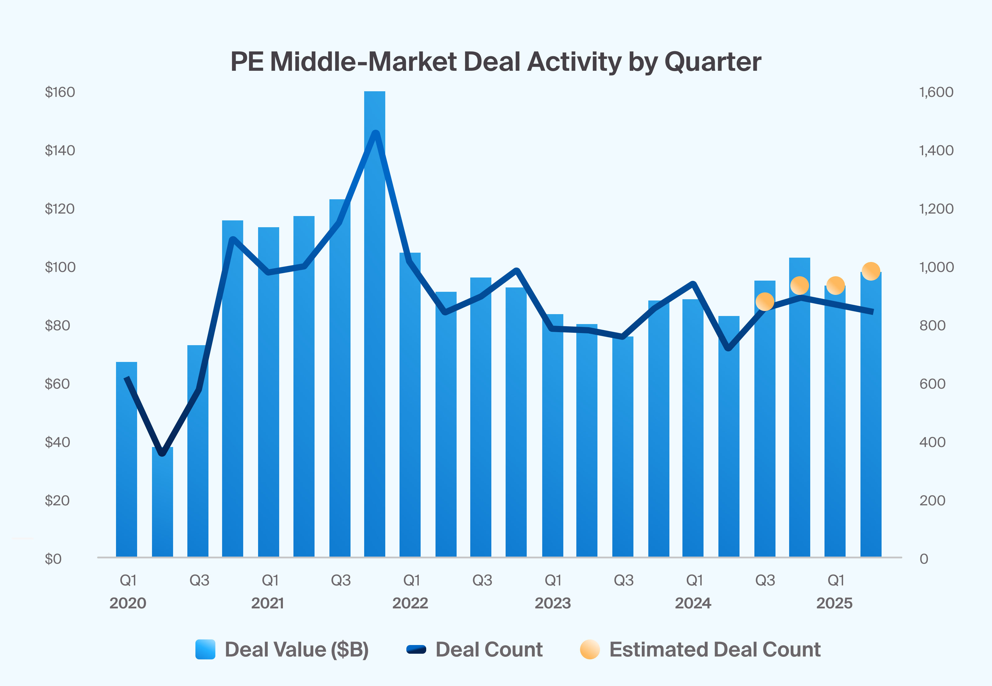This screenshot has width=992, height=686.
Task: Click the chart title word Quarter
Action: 713,62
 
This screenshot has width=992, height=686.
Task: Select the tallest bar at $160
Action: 374,323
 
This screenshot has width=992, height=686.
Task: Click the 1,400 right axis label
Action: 936,151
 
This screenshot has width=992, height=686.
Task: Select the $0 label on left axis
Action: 53,559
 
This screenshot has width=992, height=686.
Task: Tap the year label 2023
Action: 553,603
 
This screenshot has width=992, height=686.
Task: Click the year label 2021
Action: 267,603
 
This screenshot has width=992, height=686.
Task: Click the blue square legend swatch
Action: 205,649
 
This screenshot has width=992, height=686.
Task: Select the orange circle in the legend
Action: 590,649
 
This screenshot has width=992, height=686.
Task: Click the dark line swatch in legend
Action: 416,649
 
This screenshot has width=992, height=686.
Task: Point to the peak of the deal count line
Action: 376,133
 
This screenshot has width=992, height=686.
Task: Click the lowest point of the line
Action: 162,453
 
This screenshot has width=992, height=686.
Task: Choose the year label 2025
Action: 834,603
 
